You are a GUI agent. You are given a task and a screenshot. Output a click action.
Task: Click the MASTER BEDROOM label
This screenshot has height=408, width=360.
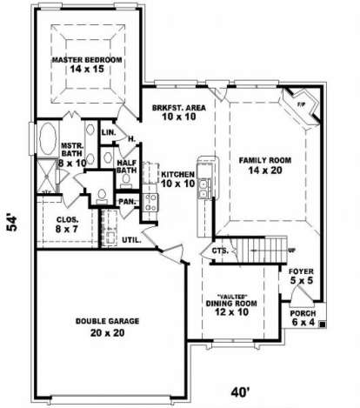pyautogui.click(x=87, y=60)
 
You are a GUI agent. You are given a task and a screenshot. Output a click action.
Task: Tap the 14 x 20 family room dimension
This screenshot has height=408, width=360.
pyautogui.click(x=265, y=171)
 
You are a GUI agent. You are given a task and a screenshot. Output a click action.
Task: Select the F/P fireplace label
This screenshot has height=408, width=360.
pyautogui.click(x=302, y=104)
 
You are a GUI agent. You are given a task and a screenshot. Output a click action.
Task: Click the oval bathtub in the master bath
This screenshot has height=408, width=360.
pyautogui.click(x=48, y=138)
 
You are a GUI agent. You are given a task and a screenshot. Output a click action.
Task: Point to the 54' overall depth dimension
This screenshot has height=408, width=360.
pyautogui.click(x=12, y=223)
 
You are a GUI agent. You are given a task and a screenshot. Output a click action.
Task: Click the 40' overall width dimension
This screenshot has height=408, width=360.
pyautogui.click(x=240, y=392)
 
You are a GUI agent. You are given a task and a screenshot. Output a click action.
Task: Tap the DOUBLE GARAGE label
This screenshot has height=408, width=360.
pyautogui.click(x=107, y=321)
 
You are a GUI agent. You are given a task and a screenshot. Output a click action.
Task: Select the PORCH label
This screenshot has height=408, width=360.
pyautogui.click(x=303, y=313)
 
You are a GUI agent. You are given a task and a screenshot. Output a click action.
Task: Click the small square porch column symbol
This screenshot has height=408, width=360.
pyautogui.click(x=322, y=324)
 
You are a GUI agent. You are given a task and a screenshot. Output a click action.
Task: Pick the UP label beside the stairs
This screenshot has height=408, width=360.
pyautogui.click(x=291, y=251)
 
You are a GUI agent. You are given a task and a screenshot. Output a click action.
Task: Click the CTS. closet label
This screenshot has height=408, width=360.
pyautogui.click(x=220, y=251)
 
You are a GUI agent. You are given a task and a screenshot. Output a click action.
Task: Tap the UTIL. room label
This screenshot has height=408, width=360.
pyautogui.click(x=131, y=240)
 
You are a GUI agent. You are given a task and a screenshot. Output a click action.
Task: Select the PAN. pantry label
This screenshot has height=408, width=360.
pyautogui.click(x=127, y=202)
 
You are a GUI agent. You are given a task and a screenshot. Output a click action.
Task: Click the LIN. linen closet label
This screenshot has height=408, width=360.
pyautogui.click(x=109, y=132)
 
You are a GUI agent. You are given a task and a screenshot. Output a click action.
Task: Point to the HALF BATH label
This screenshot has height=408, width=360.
pyautogui.click(x=127, y=166)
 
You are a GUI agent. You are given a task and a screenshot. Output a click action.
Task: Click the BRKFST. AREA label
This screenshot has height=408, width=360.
pyautogui.click(x=179, y=108)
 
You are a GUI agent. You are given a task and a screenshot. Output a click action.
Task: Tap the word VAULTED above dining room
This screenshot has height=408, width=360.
pyautogui.click(x=232, y=297)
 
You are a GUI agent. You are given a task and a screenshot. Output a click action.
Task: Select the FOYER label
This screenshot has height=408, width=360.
pyautogui.click(x=301, y=271)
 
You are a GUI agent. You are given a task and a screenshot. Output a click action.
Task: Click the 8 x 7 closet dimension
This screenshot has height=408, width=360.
pyautogui.click(x=67, y=230)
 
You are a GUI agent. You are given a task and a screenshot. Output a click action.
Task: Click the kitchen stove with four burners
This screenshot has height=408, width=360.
pyautogui.click(x=150, y=203)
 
